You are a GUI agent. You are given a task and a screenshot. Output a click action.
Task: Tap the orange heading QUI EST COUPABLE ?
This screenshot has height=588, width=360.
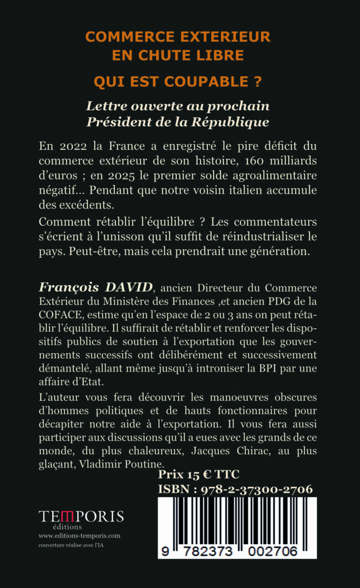[x=179, y=82]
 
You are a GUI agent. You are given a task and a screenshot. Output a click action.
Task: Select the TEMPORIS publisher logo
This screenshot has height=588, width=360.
[x=81, y=516]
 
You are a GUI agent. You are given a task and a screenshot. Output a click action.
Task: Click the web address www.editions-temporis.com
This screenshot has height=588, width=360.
[x=80, y=535]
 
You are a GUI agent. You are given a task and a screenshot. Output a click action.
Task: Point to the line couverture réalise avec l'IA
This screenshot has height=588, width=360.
[x=76, y=544]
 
